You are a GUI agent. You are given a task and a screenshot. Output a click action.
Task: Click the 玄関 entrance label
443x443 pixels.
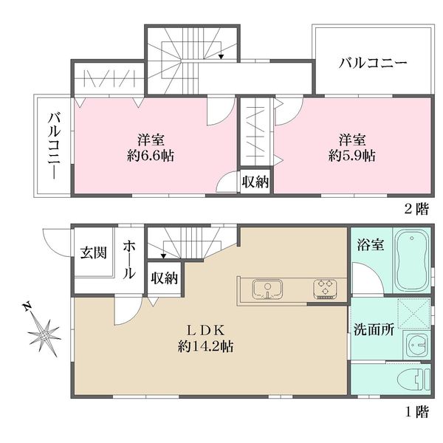pyautogui.click(x=94, y=253)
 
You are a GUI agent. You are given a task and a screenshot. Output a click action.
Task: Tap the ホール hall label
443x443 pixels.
pyautogui.click(x=129, y=259)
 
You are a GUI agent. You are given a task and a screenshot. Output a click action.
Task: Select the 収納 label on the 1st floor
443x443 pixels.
pyautogui.click(x=164, y=278)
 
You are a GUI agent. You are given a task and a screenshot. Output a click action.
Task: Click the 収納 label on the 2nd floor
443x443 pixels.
pyautogui.click(x=255, y=182)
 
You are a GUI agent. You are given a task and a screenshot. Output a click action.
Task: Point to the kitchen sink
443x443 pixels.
pyautogui.click(x=267, y=289)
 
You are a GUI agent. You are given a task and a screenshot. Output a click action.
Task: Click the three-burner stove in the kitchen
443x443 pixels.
pyautogui.click(x=325, y=289)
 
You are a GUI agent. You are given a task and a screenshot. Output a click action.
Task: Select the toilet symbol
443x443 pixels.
pyautogui.click(x=413, y=380)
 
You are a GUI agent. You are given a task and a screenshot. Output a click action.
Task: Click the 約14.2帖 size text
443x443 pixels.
pyautogui.click(x=206, y=346)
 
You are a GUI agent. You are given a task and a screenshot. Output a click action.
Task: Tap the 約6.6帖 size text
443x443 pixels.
pyautogui.click(x=151, y=155)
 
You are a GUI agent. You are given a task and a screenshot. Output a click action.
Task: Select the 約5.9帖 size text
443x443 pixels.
pyautogui.click(x=352, y=155)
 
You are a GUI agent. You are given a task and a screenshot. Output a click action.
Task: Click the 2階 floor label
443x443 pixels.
pyautogui.click(x=417, y=209)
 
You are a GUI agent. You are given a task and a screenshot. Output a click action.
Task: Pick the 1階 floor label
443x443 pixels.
pyautogui.click(x=417, y=412)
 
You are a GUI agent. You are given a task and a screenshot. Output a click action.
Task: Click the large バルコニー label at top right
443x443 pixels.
pyautogui.click(x=373, y=63)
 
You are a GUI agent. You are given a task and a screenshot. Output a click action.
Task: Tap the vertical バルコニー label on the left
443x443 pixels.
pyautogui.click(x=54, y=145)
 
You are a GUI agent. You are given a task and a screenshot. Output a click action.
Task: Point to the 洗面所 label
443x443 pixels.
pyautogui.click(x=374, y=329)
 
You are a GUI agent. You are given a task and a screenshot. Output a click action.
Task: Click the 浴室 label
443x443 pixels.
pyautogui.click(x=371, y=244)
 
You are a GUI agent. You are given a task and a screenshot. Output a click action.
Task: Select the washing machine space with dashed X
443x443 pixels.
pyautogui.click(x=414, y=313)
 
